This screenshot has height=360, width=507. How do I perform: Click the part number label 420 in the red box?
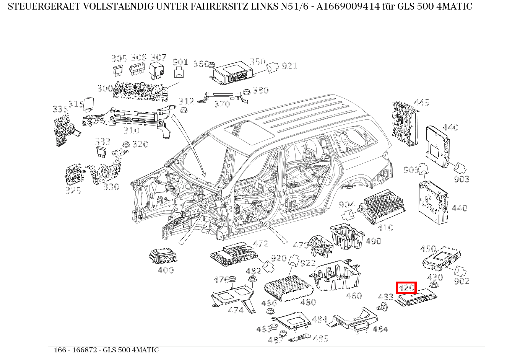(406, 288)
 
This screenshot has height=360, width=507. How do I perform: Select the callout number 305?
(119, 59)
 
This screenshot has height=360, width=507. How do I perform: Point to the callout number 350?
(257, 62)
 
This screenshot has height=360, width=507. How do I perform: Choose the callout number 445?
(421, 103)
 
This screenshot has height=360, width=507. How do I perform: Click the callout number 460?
(354, 296)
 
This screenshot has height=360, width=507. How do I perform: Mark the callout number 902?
(461, 281)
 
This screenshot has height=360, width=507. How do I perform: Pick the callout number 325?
(73, 190)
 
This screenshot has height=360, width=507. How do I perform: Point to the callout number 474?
(236, 310)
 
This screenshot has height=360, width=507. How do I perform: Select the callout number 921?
(289, 66)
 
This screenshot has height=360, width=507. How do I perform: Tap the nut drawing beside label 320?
(125, 144)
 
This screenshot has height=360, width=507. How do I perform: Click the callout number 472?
(261, 244)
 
